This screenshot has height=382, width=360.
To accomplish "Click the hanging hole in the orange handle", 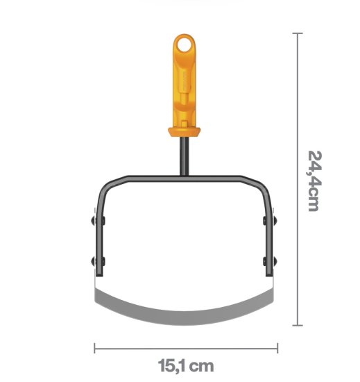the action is point(183,46).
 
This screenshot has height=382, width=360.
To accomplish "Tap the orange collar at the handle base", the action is point(184,132).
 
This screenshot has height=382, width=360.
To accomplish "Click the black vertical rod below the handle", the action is point(184,156).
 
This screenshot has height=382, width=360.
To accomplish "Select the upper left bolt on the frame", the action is point(98,220).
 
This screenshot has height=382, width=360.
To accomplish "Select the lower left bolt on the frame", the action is point(98,261).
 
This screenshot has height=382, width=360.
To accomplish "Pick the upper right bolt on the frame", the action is point(270,220).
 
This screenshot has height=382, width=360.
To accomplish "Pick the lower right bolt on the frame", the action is point(270,261).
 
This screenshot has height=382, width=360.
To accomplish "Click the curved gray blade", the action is point(184,317).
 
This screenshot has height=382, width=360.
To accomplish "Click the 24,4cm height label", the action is point(315,181).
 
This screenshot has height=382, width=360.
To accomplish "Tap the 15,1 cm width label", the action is point(186,365).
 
